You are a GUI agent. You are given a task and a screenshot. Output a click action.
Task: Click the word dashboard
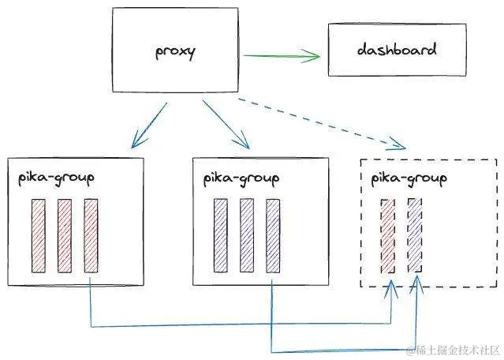[x=386, y=50]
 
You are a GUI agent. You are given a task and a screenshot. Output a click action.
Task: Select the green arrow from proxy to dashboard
[x=280, y=56]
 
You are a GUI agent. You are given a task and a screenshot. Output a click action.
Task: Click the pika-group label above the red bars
[x=56, y=175]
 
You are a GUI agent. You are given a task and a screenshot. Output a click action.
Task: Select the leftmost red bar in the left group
[x=39, y=236]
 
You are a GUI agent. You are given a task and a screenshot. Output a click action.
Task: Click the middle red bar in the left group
[x=65, y=236]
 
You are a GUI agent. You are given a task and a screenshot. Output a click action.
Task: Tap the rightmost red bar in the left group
[x=91, y=236]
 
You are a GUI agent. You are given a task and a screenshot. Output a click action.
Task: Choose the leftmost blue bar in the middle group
[x=221, y=236]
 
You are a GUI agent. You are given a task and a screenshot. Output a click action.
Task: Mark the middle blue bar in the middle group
[x=247, y=236]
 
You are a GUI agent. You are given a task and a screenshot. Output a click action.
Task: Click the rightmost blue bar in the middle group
[x=273, y=236]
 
